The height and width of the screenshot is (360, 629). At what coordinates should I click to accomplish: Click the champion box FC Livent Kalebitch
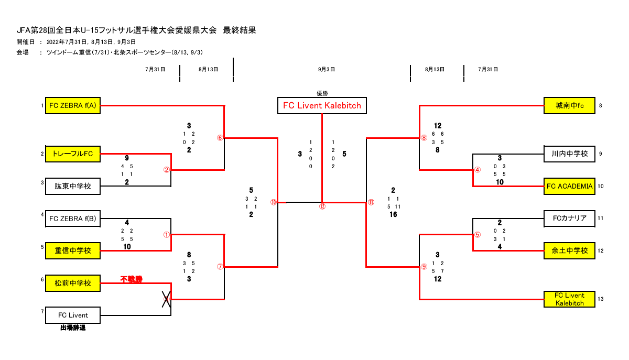coord(322,105)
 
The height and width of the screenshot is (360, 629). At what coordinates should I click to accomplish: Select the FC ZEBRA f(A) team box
coord(72,106)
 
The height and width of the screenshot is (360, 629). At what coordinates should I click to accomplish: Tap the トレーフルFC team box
coord(72,154)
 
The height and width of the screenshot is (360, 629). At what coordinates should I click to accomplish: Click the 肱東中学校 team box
coord(72,186)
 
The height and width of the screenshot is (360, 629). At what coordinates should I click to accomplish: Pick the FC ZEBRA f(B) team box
coord(72,219)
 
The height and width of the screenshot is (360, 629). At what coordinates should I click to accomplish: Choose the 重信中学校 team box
coord(72,251)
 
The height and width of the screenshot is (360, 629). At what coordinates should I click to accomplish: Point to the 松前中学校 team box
coord(72,283)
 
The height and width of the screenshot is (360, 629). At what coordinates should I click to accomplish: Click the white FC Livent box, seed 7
coord(72,315)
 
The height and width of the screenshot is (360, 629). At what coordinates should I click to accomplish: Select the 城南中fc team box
coord(569,106)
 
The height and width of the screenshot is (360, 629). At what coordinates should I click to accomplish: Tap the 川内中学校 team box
coord(569,154)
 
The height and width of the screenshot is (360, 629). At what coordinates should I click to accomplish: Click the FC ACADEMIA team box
coord(569,186)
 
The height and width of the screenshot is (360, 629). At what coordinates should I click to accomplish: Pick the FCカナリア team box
coord(569,218)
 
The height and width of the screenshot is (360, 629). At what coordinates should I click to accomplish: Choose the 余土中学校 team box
coord(569,250)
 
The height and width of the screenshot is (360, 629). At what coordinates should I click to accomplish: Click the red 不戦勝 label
coord(131,279)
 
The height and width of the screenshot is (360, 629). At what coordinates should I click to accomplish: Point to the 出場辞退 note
coord(72,328)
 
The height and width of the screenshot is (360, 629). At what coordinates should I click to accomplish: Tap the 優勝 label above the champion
coord(322,93)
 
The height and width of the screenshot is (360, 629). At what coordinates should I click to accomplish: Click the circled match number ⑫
coord(322,206)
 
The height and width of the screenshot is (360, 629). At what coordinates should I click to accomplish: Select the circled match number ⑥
coord(220,138)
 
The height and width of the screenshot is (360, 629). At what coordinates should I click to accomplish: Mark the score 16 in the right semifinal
coord(393,214)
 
